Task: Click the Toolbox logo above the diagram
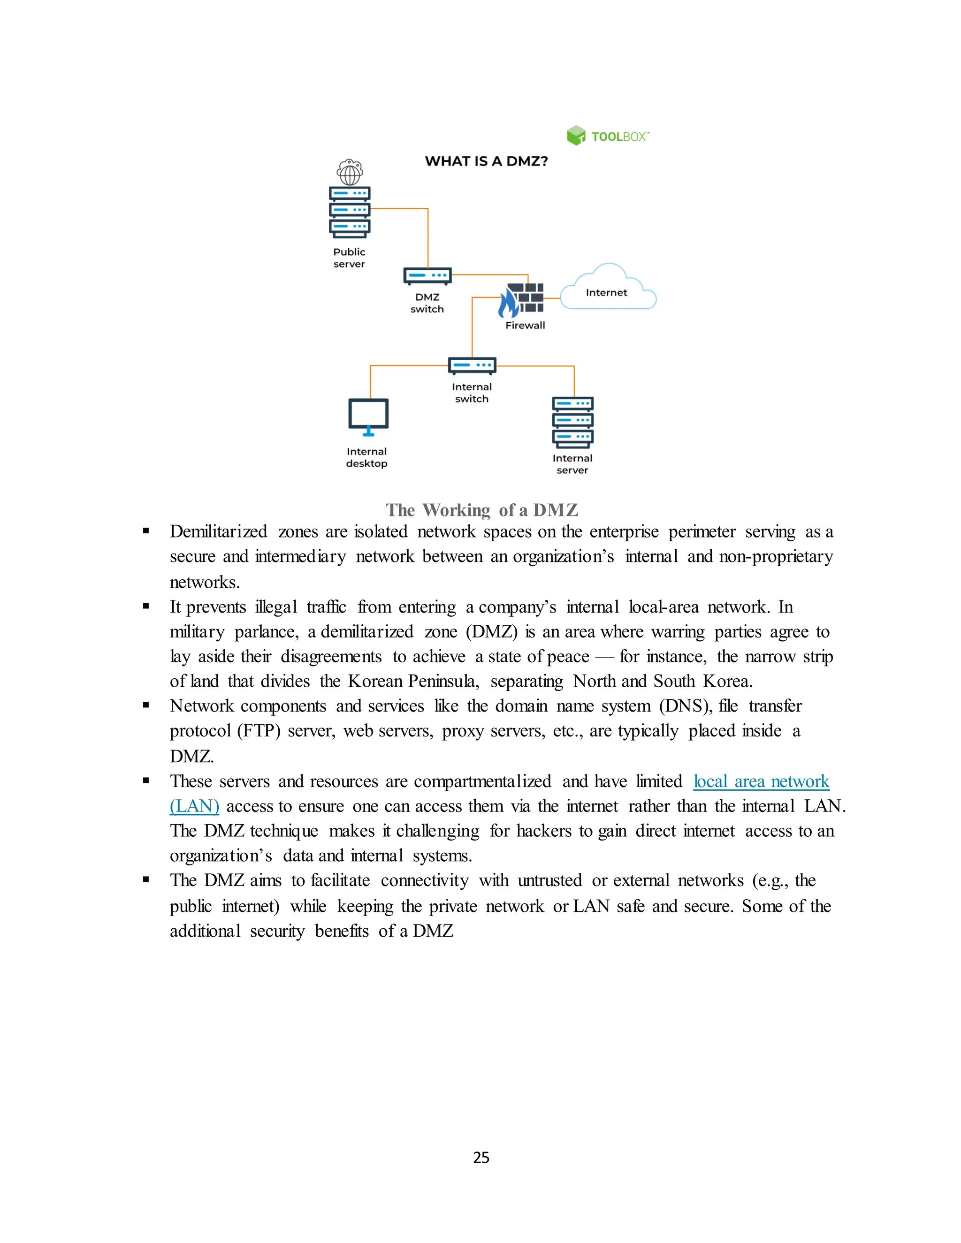point(608,136)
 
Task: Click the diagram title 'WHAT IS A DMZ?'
point(486,162)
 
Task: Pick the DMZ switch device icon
point(427,275)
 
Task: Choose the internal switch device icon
point(472,365)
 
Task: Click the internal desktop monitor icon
point(368,417)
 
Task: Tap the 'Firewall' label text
point(525,326)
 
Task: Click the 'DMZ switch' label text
point(427,303)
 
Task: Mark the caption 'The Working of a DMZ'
point(481,510)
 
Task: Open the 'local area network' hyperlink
point(761,781)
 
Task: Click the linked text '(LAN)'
point(194,806)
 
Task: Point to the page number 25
point(481,1158)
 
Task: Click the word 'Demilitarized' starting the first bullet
point(218,531)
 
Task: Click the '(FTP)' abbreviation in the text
point(259,731)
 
